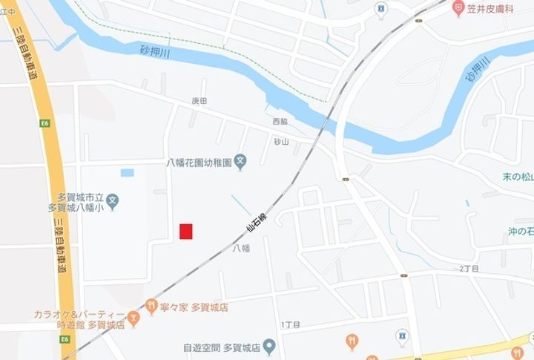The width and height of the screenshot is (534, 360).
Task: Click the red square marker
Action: (186, 232)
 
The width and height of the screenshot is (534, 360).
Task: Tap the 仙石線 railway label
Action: (257, 222)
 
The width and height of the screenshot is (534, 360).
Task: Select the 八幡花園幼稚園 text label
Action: (197, 160)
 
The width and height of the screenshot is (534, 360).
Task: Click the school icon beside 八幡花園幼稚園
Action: (240, 160)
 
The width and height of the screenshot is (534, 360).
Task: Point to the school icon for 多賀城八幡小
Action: (112, 199)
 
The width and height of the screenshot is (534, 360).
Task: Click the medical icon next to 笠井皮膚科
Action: (458, 8)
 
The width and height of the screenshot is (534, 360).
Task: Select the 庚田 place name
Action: (199, 100)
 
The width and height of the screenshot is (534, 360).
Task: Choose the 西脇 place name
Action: (280, 121)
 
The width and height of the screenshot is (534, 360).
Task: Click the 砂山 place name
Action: (281, 142)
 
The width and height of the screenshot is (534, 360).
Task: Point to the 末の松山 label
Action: (518, 177)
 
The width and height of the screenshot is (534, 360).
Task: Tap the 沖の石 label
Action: (521, 232)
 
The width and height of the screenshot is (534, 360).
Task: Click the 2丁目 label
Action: (469, 269)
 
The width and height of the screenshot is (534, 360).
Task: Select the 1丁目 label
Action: (291, 325)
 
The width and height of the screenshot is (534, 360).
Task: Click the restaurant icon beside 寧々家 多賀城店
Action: (151, 305)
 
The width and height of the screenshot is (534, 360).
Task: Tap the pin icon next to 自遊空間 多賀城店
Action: (269, 346)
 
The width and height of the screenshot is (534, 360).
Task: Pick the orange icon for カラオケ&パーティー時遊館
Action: (133, 319)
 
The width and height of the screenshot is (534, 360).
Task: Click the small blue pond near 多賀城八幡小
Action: (127, 172)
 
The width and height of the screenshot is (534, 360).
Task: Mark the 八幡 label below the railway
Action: (241, 248)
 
